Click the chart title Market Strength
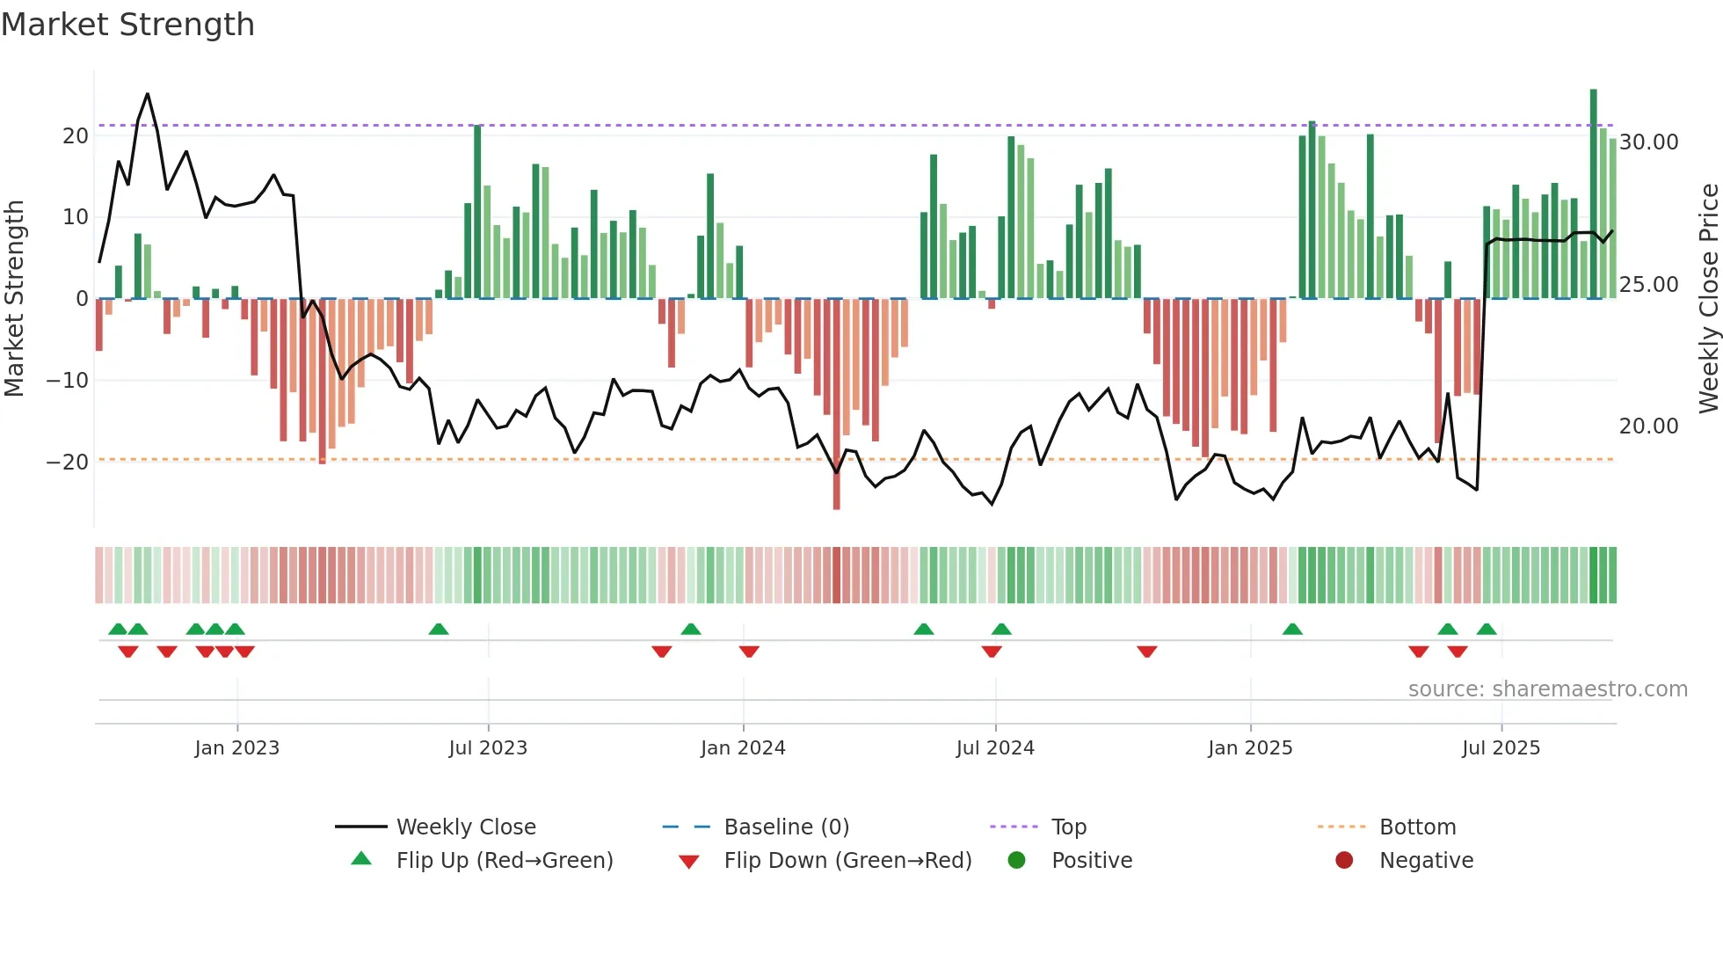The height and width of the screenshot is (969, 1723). click(x=127, y=25)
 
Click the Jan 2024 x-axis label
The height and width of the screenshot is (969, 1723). click(x=743, y=748)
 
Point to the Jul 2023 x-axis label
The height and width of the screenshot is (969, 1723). click(x=488, y=748)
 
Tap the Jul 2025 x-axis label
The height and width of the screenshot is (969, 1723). click(x=1501, y=748)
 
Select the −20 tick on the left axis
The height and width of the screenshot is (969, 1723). click(x=68, y=463)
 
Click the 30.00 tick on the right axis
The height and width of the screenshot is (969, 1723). click(x=1648, y=142)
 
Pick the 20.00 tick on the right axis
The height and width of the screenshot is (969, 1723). click(x=1648, y=426)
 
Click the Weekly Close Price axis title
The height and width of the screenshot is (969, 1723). click(x=1708, y=298)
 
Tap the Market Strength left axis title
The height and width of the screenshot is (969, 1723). click(x=15, y=298)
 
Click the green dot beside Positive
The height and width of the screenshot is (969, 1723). click(x=1016, y=861)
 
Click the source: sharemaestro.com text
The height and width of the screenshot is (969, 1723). click(x=1547, y=689)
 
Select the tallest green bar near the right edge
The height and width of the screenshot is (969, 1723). click(x=1593, y=193)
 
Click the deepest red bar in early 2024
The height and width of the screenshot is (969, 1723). click(x=836, y=404)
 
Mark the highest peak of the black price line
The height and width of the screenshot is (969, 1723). click(x=147, y=94)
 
